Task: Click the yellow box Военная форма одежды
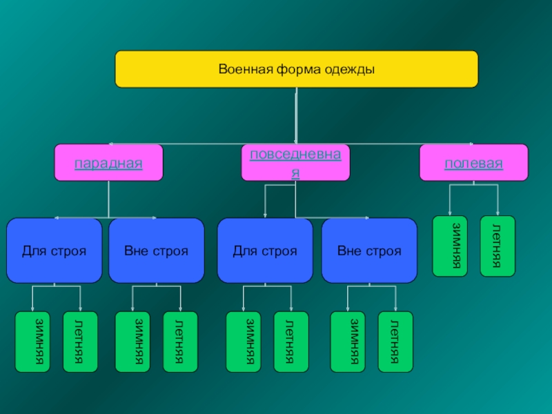tap(296, 69)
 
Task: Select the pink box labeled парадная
tap(109, 163)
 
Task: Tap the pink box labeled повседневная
tap(295, 163)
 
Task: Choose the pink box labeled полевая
tap(474, 163)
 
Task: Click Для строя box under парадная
tap(55, 250)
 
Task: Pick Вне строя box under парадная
tap(157, 250)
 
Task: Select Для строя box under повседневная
tap(265, 250)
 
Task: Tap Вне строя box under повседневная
tap(369, 250)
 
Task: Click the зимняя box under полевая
tap(450, 246)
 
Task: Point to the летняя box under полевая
tap(497, 246)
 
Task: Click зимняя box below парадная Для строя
tap(33, 342)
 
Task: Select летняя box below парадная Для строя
tap(81, 342)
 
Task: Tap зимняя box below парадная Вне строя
tap(132, 342)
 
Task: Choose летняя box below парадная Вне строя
tap(180, 342)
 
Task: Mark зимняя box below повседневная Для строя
tap(244, 342)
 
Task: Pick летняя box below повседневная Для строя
tap(291, 342)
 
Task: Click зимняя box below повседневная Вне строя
tap(348, 342)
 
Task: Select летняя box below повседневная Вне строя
tap(395, 342)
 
